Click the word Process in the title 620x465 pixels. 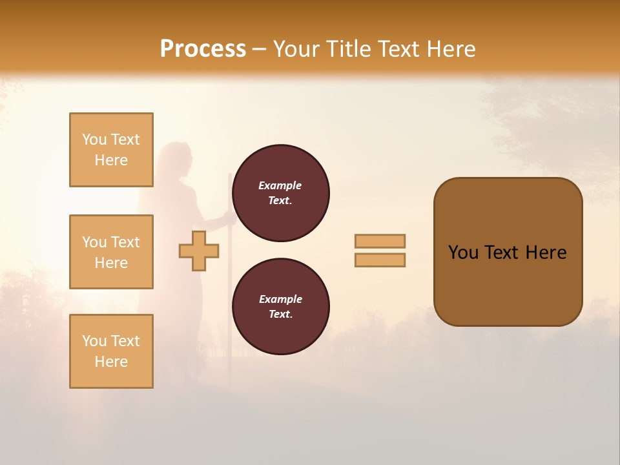pos(203,48)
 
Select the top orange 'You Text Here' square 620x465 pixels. pos(111,150)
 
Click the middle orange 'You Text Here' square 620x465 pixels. pos(111,252)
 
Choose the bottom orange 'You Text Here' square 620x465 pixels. pos(111,351)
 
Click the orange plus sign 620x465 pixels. pos(199,251)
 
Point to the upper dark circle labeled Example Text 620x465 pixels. pos(280,193)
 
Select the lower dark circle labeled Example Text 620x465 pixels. pos(280,307)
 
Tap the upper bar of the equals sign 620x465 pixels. pos(380,241)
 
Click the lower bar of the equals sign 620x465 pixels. pos(380,260)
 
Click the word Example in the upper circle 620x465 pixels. pos(280,185)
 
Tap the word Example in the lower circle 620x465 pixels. pos(280,299)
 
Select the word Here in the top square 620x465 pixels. pos(111,160)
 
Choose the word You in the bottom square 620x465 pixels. pos(94,341)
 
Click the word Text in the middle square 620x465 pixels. pos(125,242)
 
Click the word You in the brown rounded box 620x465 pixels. pos(463,253)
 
